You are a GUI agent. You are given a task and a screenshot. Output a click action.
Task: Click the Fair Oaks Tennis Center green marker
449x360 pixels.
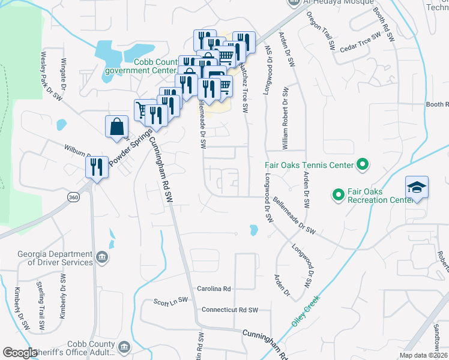pyautogui.click(x=363, y=164)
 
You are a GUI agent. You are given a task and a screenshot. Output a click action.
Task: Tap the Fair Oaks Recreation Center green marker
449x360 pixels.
pyautogui.click(x=338, y=194)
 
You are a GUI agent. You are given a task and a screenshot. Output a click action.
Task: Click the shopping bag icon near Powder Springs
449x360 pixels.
pyautogui.click(x=116, y=127)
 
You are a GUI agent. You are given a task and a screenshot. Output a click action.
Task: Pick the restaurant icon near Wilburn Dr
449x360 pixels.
pyautogui.click(x=96, y=167)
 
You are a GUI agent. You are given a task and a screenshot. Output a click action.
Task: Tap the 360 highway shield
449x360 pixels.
pyautogui.click(x=73, y=197)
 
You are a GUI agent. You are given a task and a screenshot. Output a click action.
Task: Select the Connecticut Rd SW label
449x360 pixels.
pyautogui.click(x=229, y=310)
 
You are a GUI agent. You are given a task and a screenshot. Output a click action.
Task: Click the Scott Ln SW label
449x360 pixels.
pyautogui.click(x=171, y=301)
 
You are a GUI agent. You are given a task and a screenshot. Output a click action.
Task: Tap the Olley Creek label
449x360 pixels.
pyautogui.click(x=306, y=310)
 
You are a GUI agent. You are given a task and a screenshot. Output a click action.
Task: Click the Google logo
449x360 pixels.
pyautogui.click(x=20, y=353)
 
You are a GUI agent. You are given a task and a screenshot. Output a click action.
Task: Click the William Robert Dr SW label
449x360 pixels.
pyautogui.click(x=286, y=119)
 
